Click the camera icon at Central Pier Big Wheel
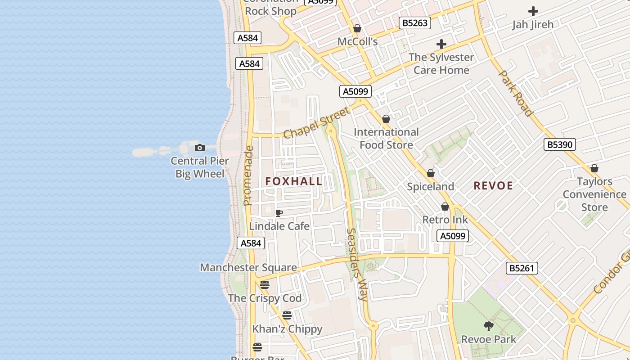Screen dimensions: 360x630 click(199, 148)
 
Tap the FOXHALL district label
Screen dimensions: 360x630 click(294, 181)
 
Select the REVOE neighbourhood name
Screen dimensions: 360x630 click(493, 186)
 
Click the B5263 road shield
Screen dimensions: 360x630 click(414, 23)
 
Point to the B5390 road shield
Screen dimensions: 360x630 click(559, 144)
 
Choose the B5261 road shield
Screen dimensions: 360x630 click(522, 269)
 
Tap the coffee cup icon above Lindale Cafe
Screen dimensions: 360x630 click(279, 213)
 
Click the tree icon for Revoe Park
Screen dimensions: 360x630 click(489, 326)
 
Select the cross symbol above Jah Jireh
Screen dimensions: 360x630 click(533, 11)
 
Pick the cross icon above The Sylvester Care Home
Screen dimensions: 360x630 click(441, 44)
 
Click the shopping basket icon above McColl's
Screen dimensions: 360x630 click(357, 29)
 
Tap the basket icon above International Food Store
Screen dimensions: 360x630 click(386, 119)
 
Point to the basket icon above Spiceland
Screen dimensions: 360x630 click(431, 174)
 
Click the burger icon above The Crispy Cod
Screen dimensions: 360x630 click(265, 285)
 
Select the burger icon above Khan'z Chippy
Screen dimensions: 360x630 click(287, 315)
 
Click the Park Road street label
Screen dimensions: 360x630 click(516, 93)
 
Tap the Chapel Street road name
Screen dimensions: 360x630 click(316, 123)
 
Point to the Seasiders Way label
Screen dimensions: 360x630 click(358, 264)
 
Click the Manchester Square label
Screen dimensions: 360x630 click(248, 268)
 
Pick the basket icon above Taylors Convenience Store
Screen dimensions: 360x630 click(594, 169)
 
